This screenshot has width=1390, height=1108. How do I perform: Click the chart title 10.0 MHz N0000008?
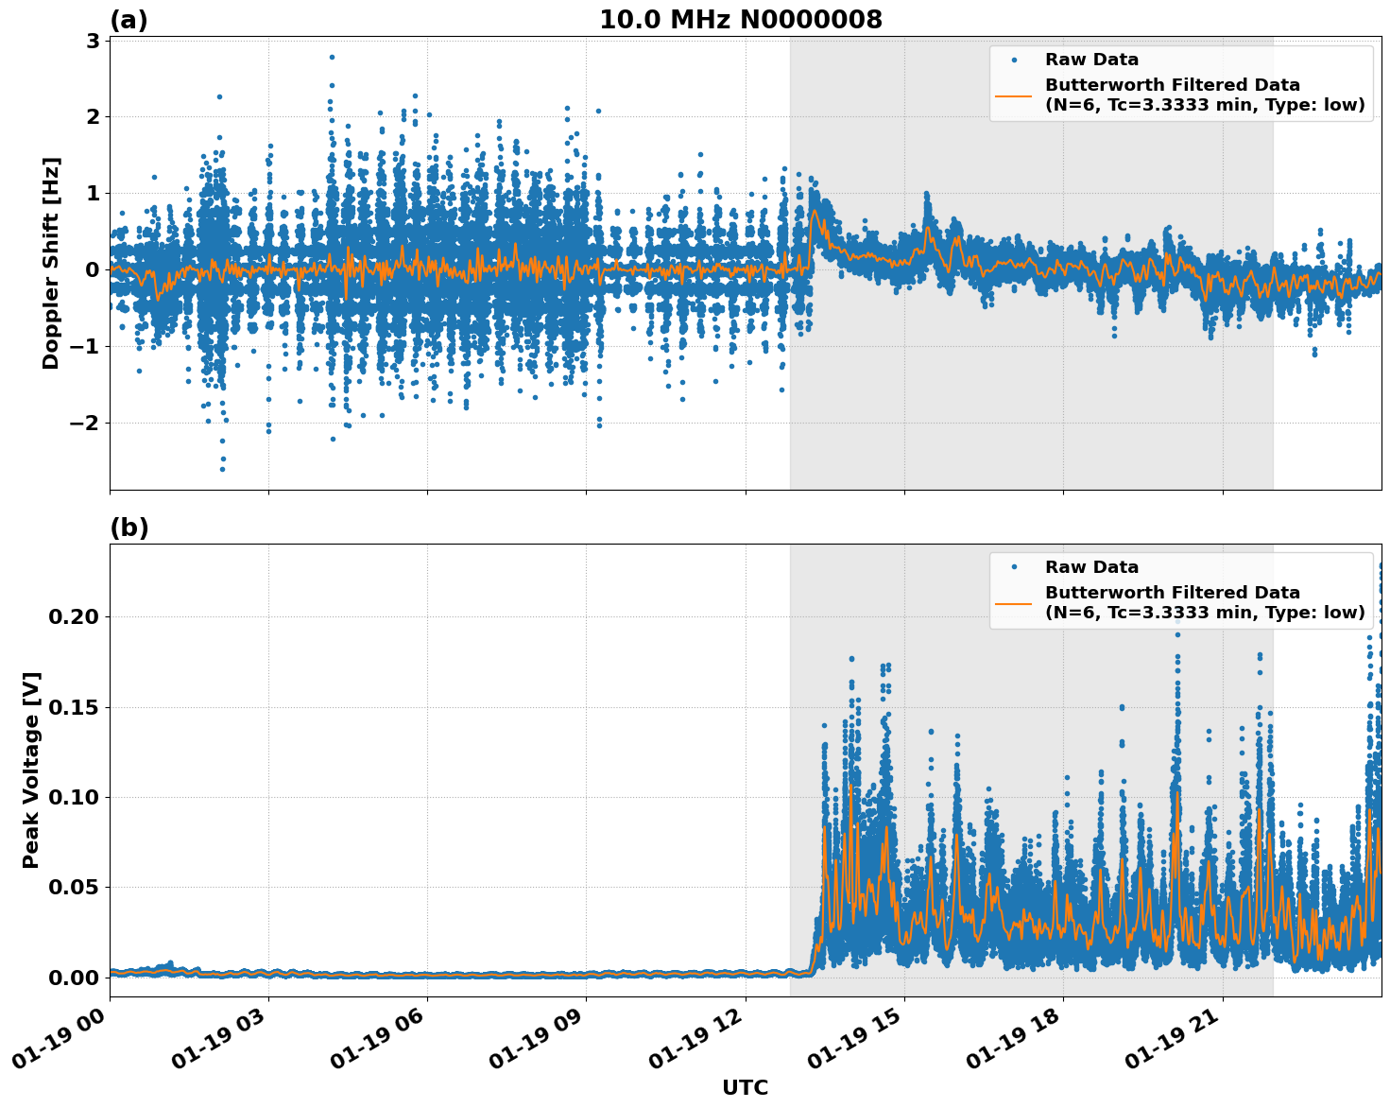pos(740,20)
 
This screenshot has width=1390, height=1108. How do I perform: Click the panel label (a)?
pos(129,20)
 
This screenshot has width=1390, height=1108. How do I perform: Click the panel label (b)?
pos(129,528)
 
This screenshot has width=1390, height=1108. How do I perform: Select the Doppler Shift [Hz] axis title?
pos(51,263)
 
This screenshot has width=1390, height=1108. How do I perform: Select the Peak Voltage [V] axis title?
pos(31,770)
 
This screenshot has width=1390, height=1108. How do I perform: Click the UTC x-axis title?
pos(745,1087)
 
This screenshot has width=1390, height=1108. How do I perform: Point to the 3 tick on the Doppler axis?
pos(93,41)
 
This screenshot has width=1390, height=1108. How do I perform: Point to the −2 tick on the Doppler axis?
pos(85,423)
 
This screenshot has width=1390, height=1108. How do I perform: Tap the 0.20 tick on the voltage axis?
pos(74,616)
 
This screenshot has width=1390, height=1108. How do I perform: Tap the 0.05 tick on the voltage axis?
pos(74,887)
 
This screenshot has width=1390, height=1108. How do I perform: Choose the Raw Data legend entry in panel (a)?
pos(1091,60)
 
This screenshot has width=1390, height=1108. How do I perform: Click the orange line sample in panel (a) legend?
pos(1013,95)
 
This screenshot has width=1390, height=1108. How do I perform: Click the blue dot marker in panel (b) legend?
pos(1013,567)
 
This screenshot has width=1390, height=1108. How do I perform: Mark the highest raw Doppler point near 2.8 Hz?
pos(332,57)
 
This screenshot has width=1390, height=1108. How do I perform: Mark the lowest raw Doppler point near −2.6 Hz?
pos(222,469)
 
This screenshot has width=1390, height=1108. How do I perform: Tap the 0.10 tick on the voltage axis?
pos(74,797)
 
